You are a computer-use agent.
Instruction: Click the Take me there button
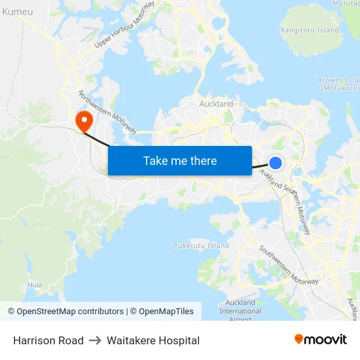pos(180,161)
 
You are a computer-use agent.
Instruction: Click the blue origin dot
pos(276,163)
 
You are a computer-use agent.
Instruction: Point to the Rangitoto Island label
pos(310,30)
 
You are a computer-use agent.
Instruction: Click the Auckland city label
pos(216,104)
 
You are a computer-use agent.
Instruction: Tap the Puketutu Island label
pos(201,245)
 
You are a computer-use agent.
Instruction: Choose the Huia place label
pos(35,285)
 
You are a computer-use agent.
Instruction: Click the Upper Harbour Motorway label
pos(124,24)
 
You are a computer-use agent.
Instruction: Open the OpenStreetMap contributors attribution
pos(65,312)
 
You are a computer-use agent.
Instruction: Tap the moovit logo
pos(321,340)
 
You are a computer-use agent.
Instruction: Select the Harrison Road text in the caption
pos(48,340)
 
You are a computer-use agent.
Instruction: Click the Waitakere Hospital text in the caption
pos(153,340)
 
